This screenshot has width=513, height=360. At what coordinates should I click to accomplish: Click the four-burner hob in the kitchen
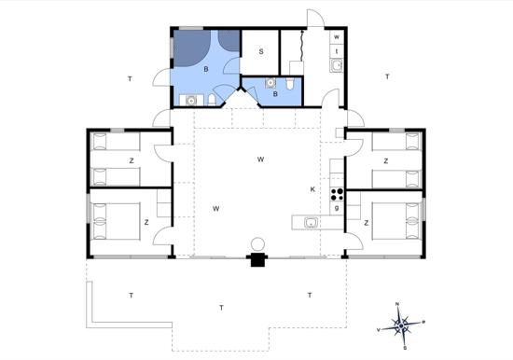coord(337,194)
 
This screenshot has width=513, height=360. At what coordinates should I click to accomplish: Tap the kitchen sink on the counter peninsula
coord(311,223)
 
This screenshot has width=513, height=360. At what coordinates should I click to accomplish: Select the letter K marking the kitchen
coord(312,189)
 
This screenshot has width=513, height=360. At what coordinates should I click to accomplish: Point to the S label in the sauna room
coord(261,51)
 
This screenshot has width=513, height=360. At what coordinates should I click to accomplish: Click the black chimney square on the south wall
coord(257,260)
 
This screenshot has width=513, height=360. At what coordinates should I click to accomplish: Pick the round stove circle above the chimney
coord(257,244)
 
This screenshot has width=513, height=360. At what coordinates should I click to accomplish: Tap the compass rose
coord(401,325)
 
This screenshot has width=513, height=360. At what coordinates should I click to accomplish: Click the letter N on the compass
coord(397,304)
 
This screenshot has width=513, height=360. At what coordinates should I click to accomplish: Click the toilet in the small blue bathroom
coord(290,83)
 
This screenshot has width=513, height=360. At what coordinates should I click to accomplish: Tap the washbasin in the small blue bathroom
coord(270,83)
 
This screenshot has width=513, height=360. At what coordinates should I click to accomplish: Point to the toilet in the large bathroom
coord(212,100)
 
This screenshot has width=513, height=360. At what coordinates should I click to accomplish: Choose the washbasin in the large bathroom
coord(191,101)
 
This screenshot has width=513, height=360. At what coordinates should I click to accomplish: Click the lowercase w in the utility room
coord(337,37)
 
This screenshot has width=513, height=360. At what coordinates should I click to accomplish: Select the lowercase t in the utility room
coord(337,51)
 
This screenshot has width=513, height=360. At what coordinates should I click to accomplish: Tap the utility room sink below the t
coord(337,65)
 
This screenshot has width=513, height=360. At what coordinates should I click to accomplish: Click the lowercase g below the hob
coord(337,207)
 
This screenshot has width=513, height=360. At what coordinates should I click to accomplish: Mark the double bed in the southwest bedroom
coord(117,221)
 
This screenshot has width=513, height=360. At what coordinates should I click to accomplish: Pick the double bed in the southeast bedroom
coord(395,221)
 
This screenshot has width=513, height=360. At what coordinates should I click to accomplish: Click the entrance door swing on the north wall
coord(315,18)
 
